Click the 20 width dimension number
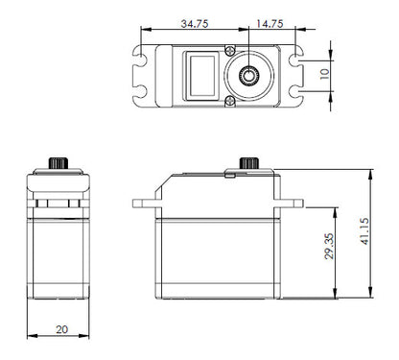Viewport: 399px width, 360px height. [x=61, y=329]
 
